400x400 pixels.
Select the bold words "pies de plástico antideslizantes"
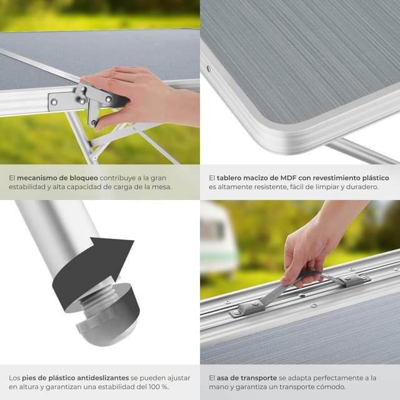(75, 378)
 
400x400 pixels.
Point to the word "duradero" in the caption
(367, 187)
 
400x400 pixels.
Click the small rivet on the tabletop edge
(208, 69)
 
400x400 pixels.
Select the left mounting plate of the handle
(247, 307)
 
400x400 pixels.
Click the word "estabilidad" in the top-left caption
(29, 187)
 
